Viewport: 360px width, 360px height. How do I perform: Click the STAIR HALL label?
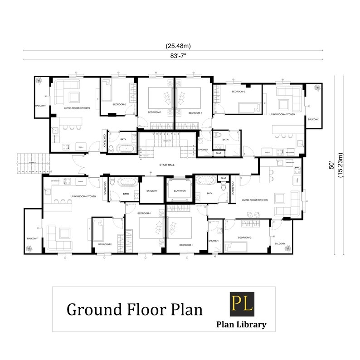[x=167, y=165]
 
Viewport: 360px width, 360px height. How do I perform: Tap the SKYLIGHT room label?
[x=152, y=191]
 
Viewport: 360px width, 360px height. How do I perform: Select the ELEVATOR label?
[x=180, y=191]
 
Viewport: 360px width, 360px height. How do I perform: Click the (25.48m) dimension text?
[x=178, y=46]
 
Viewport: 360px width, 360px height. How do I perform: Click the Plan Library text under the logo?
[x=241, y=324]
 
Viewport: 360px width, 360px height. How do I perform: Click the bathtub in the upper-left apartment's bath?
[x=125, y=148]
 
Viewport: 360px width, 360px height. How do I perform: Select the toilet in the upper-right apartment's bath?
[x=218, y=136]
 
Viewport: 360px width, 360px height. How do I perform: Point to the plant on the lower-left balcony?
[x=30, y=248]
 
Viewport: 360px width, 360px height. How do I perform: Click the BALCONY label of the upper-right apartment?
[x=313, y=119]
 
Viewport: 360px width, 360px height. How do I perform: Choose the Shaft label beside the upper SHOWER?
[x=218, y=153]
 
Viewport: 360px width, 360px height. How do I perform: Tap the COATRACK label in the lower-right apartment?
[x=233, y=188]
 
